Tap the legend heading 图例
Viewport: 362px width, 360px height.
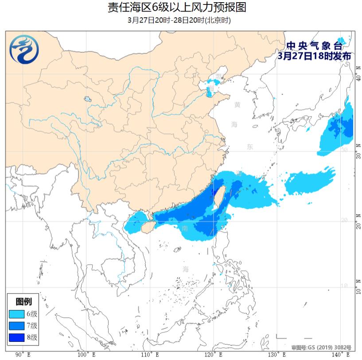click(23, 302)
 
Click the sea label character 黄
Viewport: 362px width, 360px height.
click(237, 105)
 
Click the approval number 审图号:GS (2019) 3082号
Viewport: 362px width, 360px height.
click(321, 348)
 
